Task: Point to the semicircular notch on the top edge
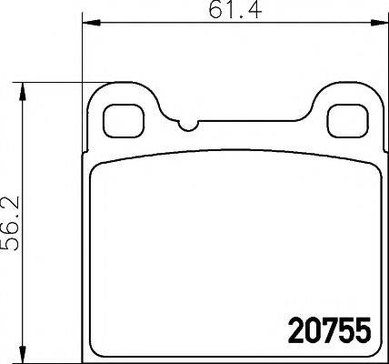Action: pos(188,126)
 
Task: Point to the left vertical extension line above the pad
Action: pos(83,55)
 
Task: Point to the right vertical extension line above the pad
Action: pos(382,55)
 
